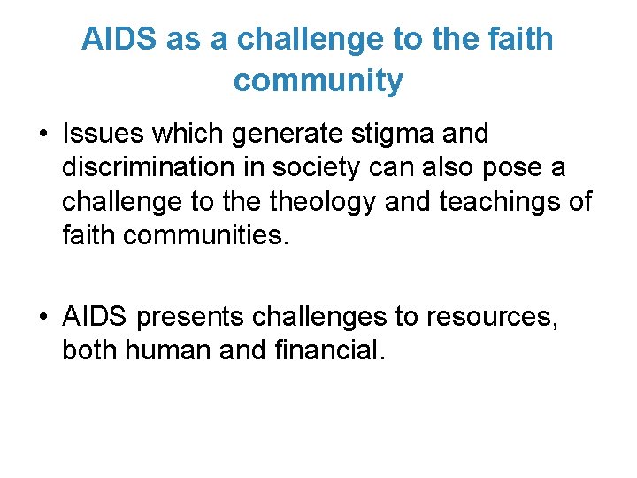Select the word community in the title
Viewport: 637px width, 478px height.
tap(318, 81)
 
